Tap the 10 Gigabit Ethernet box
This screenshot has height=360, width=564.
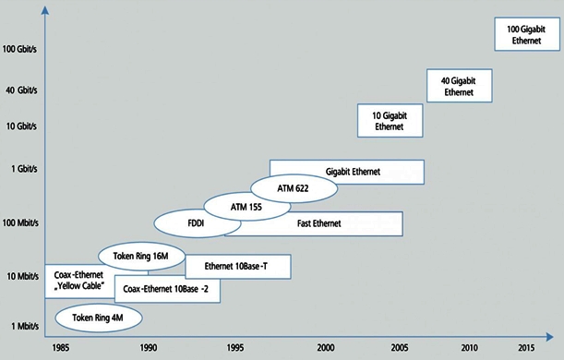coord(390,120)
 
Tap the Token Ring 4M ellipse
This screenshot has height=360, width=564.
coord(100,318)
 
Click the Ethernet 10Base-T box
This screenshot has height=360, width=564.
coord(238,268)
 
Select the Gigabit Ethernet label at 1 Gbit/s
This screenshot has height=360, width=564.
coord(353,172)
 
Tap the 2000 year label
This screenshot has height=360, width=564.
coord(325,347)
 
